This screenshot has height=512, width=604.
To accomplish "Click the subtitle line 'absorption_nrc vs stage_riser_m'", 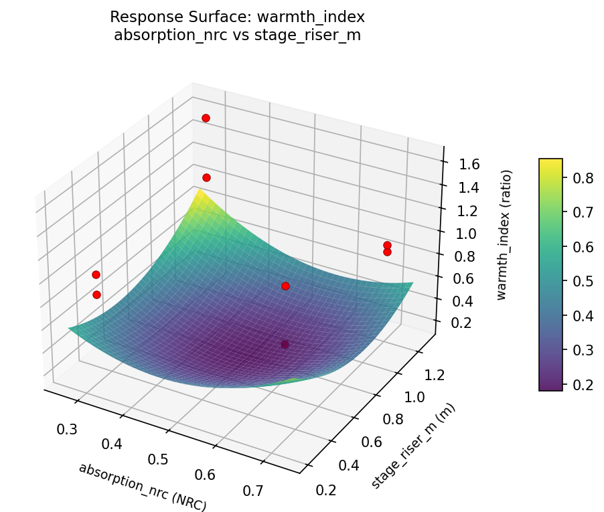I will click(x=237, y=35).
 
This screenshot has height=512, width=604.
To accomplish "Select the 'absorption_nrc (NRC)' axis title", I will click(x=143, y=487).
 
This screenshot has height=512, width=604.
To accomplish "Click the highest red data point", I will click(x=206, y=118).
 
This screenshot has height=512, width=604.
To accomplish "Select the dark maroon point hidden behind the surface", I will click(x=285, y=344).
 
